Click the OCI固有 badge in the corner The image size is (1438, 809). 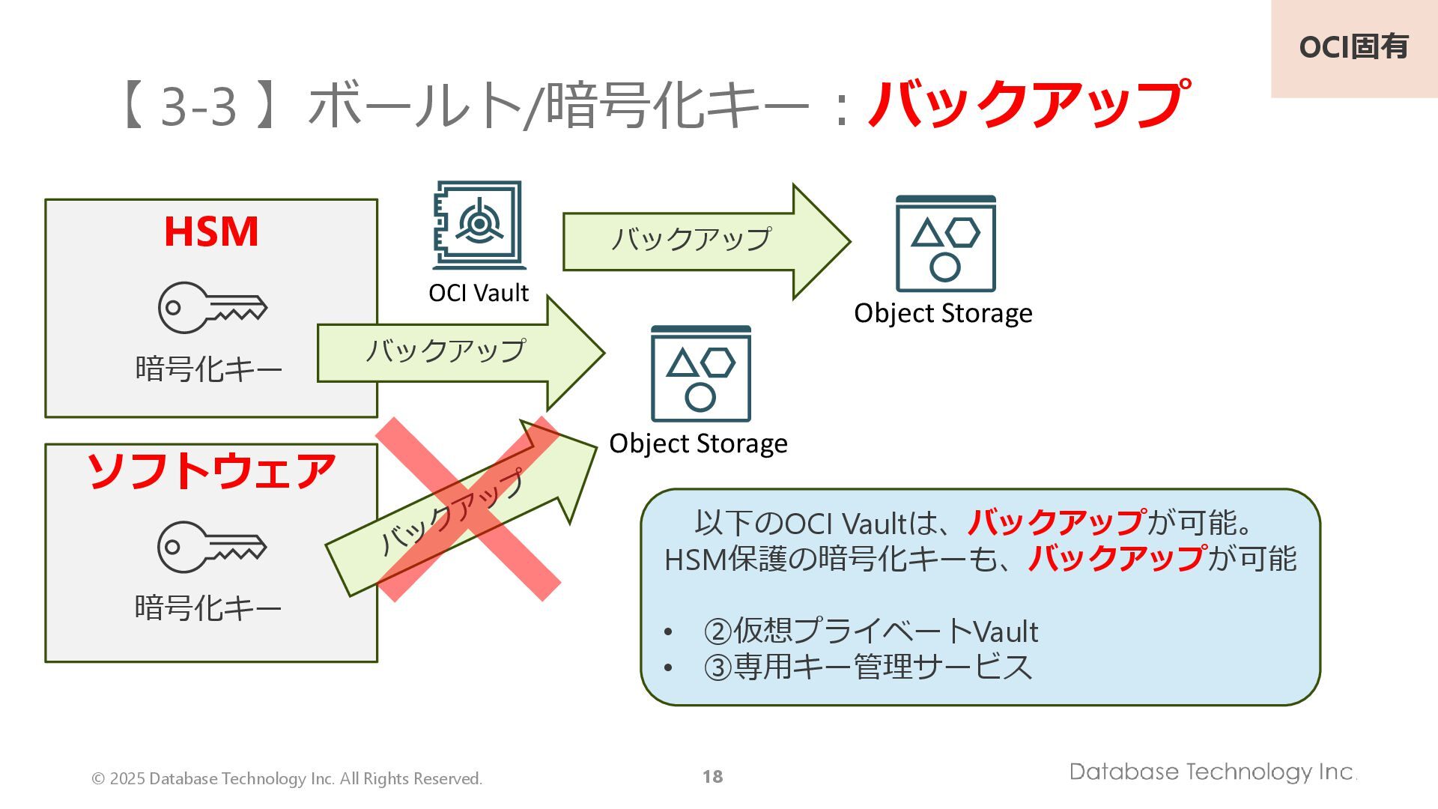point(1353,47)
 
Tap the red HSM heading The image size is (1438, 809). point(211,231)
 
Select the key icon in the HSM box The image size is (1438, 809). point(212,307)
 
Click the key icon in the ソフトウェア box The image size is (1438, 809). point(211,547)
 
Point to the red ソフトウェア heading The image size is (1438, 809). point(211,472)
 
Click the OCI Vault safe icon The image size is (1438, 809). point(478,225)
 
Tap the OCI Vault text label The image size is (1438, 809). point(479,293)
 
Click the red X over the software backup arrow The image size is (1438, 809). point(469,509)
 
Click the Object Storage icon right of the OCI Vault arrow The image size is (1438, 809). point(945,243)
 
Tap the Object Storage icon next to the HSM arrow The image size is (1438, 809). point(700,374)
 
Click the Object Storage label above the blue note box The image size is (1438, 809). point(698,443)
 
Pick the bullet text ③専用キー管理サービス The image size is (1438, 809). point(867,667)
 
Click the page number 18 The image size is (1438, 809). point(712,777)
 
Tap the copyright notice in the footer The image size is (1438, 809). point(287,779)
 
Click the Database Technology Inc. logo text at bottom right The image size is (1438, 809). point(1212,772)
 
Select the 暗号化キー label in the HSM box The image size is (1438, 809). point(209,369)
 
